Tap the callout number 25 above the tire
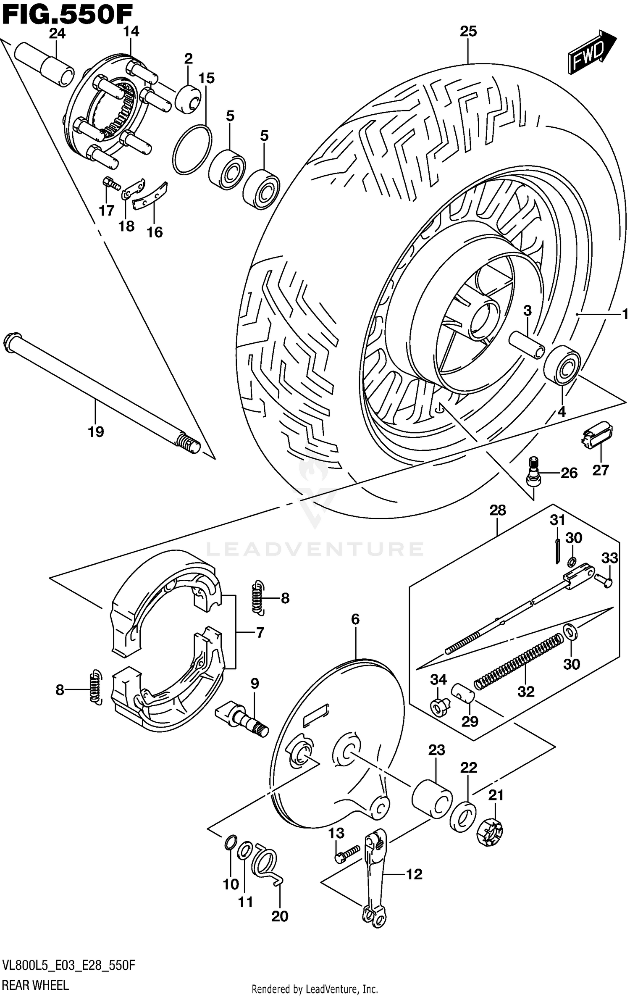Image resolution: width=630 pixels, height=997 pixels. [468, 32]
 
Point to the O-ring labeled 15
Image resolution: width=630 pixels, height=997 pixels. [192, 149]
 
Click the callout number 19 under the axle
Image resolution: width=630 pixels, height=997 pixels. [96, 431]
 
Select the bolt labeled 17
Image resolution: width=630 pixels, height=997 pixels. [110, 183]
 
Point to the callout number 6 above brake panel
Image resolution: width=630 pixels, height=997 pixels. [355, 619]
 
